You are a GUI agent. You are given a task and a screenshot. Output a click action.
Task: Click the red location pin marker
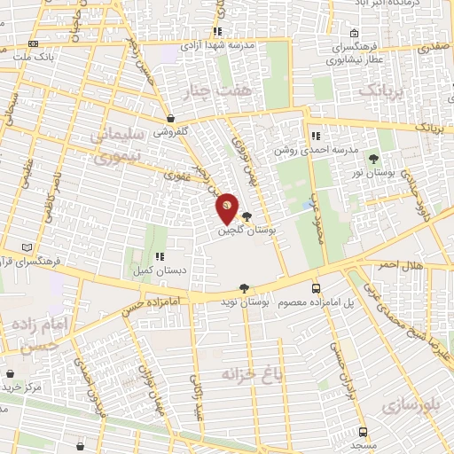tap(227, 207)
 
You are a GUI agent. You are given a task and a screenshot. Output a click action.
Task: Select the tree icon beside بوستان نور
tap(373, 159)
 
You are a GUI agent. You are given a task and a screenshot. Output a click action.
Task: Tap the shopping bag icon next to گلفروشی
tap(170, 118)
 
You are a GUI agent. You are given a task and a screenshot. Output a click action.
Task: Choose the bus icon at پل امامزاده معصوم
tap(316, 289)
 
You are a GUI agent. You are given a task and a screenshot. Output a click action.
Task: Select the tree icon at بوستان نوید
tap(244, 288)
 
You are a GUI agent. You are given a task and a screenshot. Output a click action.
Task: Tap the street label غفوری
tap(174, 176)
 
